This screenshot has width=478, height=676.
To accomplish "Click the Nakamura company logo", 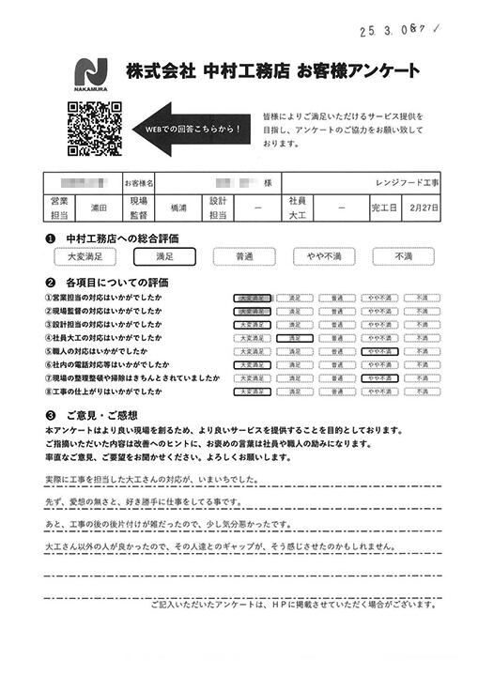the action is [x=92, y=74].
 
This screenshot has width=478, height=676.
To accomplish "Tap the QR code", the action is [x=94, y=129].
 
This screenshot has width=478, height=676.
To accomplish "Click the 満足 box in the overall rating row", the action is [x=164, y=254].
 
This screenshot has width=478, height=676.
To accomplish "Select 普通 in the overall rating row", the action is [x=244, y=254].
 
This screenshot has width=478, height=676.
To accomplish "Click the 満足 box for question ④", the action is [x=294, y=337].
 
